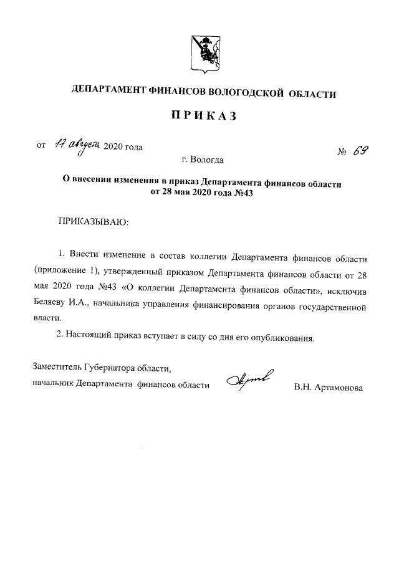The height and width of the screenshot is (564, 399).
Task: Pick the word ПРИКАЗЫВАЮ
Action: pyautogui.click(x=92, y=221)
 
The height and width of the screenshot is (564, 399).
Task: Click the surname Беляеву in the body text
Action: pyautogui.click(x=50, y=307)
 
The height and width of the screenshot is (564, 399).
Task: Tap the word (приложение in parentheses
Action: pyautogui.click(x=59, y=272)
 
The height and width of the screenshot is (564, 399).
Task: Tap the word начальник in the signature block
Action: pyautogui.click(x=53, y=385)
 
